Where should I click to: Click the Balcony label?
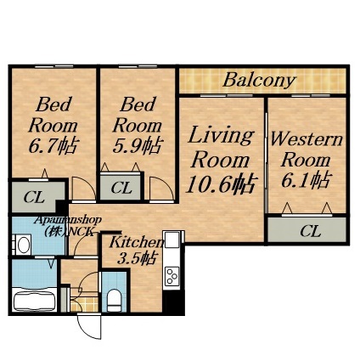[x=259, y=82]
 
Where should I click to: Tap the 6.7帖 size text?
[x=53, y=145]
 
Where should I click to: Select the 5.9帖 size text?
[x=137, y=145]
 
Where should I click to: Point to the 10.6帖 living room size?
[x=221, y=183]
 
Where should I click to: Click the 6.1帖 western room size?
[x=307, y=181]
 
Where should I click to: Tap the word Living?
[x=220, y=135]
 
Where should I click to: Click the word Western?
[x=307, y=139]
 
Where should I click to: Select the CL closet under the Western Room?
[x=310, y=230]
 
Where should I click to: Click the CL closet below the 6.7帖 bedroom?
[x=35, y=199]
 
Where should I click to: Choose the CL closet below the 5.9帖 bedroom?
[x=121, y=188]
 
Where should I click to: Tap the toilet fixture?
[x=114, y=297]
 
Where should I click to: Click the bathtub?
[x=34, y=299]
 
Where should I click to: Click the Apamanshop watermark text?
[x=68, y=219]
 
